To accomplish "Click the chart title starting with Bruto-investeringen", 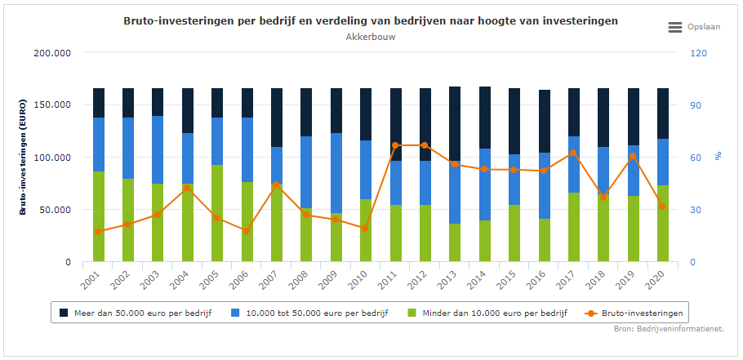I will coord(371,20).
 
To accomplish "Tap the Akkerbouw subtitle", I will coord(371,37).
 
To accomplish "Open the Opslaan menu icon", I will coord(675,27).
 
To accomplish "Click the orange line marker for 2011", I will coord(395,145).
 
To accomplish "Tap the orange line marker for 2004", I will coord(187,188).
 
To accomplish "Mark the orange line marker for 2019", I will coord(633,156).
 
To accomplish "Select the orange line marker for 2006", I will coord(247,231).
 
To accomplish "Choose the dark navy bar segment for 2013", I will coord(455,123).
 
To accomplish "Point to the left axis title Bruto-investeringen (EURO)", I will coord(25,158).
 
